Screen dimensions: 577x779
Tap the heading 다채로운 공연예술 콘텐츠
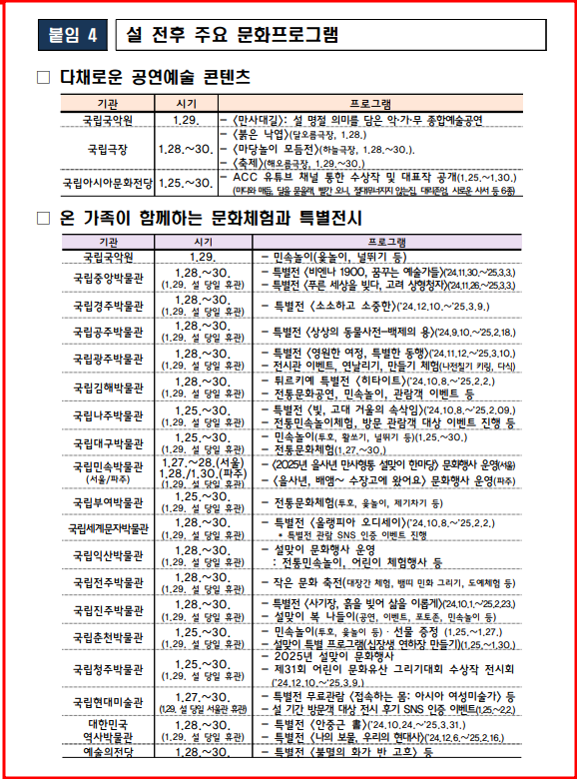154,77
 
